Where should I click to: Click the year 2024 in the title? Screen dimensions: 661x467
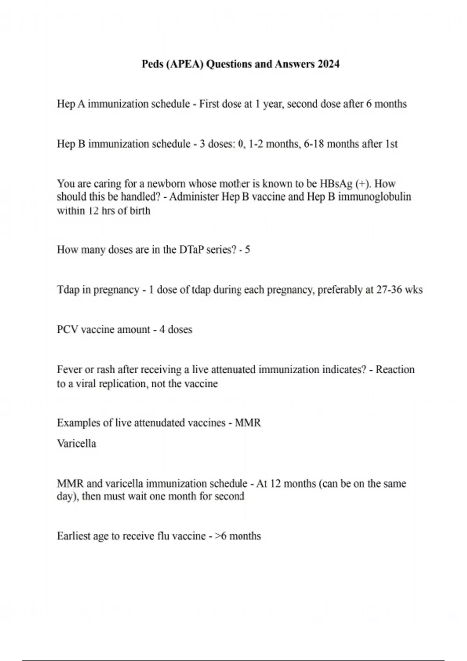click(x=328, y=64)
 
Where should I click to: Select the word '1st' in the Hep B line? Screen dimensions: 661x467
click(x=391, y=144)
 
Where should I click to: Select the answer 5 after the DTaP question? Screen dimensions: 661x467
click(x=247, y=250)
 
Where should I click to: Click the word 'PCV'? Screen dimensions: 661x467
click(x=67, y=330)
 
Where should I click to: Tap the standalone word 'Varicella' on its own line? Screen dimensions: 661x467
click(x=76, y=444)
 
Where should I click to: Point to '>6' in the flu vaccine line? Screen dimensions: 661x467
click(x=221, y=536)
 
